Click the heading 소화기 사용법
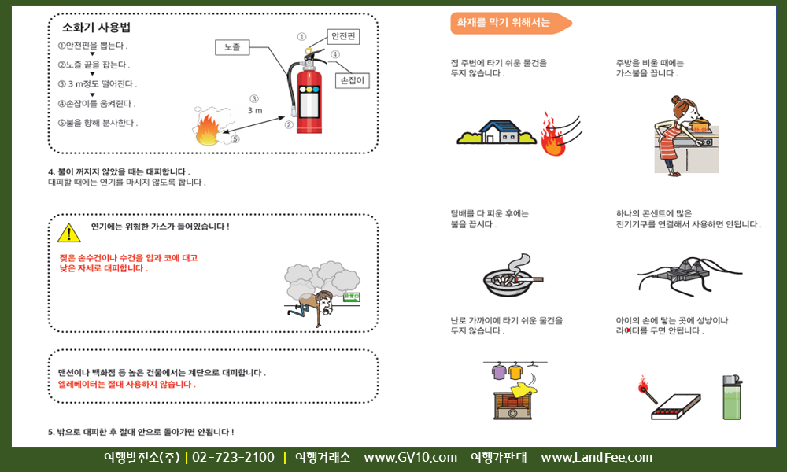pyautogui.click(x=96, y=27)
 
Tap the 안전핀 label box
pyautogui.click(x=343, y=37)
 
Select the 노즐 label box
pyautogui.click(x=232, y=47)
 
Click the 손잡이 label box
pyautogui.click(x=353, y=80)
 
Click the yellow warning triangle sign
pyautogui.click(x=68, y=232)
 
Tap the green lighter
pyautogui.click(x=732, y=397)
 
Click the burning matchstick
pyautogui.click(x=647, y=389)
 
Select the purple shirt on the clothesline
pyautogui.click(x=499, y=371)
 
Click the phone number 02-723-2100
pyautogui.click(x=234, y=458)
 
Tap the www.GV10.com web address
pyautogui.click(x=411, y=458)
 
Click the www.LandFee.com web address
pyautogui.click(x=597, y=458)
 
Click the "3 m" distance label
pyautogui.click(x=255, y=110)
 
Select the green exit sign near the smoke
pyautogui.click(x=351, y=297)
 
